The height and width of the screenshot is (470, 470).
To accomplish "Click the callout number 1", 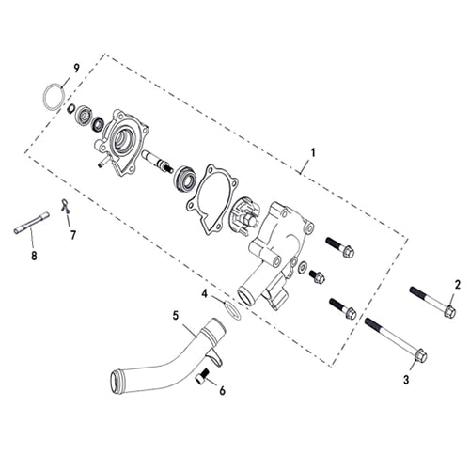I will click(x=313, y=151).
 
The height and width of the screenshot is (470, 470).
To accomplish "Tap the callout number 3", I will click(x=406, y=379).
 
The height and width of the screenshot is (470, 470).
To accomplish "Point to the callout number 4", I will click(x=204, y=293).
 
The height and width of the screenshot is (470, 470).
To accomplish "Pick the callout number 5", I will click(x=175, y=315).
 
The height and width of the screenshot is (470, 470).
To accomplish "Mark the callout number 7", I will click(x=72, y=234).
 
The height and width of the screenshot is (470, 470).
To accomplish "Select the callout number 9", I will click(x=77, y=68).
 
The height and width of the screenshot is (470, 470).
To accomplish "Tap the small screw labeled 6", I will click(x=201, y=378).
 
